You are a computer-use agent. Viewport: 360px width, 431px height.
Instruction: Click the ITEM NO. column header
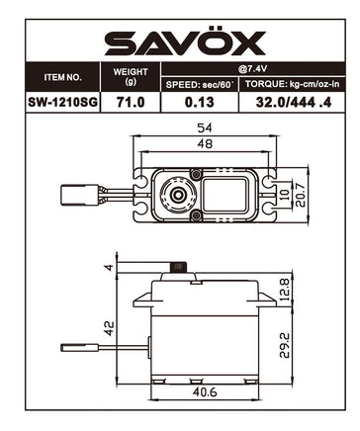(x=63, y=77)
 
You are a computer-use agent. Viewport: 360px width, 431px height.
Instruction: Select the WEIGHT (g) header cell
(x=131, y=76)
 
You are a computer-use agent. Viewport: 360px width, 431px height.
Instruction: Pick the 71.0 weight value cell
(x=131, y=102)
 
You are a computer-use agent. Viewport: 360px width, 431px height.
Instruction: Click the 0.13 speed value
(x=199, y=102)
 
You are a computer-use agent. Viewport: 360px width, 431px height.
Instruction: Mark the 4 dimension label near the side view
(x=109, y=266)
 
